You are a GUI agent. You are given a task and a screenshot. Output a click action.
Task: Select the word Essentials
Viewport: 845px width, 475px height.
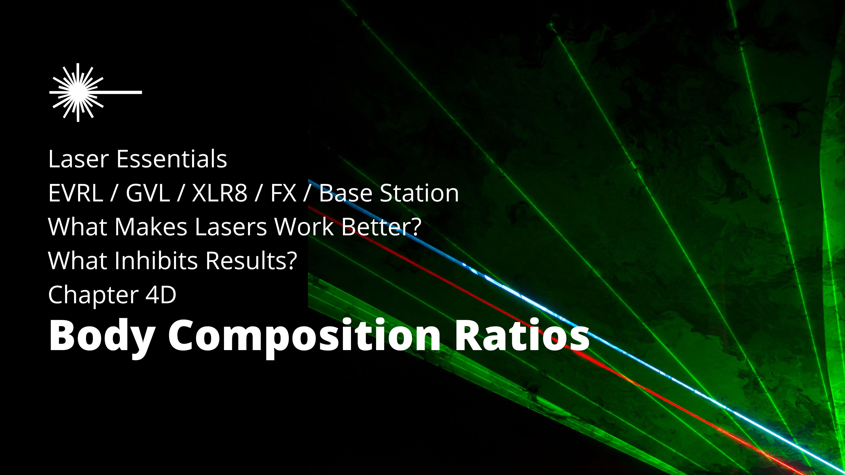click(x=172, y=159)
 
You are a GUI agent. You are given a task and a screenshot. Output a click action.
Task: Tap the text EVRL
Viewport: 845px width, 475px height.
click(x=75, y=194)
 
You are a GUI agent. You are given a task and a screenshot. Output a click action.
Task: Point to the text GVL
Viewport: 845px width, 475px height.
click(x=148, y=194)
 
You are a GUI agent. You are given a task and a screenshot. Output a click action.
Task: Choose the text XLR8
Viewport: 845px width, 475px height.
click(x=219, y=194)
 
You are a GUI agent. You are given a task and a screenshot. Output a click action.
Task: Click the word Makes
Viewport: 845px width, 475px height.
click(x=151, y=227)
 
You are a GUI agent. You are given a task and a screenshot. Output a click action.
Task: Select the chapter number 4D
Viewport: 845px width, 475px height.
click(x=161, y=295)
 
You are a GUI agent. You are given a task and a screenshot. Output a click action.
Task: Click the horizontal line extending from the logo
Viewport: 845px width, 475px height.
click(x=121, y=92)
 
